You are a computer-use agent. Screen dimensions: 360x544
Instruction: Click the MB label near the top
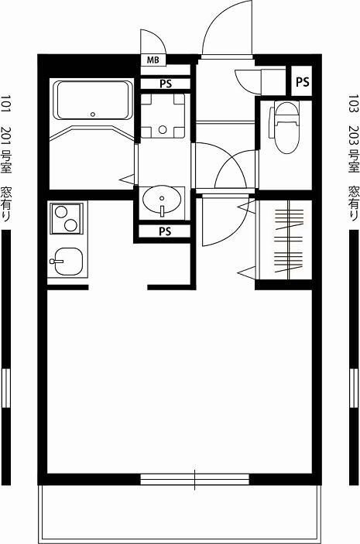[x=153, y=60]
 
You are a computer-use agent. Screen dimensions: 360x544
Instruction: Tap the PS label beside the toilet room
[x=302, y=82]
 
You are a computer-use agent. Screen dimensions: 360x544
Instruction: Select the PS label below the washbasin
[x=165, y=231]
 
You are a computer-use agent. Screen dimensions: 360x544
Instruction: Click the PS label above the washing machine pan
[x=166, y=84]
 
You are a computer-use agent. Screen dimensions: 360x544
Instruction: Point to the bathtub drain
[x=92, y=115]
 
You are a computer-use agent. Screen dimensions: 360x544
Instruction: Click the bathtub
[x=93, y=101]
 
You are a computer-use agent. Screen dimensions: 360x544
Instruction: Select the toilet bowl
[x=286, y=128]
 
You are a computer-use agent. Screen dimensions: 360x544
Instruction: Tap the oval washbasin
[x=162, y=200]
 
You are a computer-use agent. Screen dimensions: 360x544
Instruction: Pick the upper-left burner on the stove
[x=60, y=211]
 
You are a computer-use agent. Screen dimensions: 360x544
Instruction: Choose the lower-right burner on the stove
[x=70, y=225]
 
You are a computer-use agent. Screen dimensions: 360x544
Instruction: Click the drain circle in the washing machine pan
[x=163, y=130]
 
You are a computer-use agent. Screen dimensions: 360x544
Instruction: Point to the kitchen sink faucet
[x=57, y=262]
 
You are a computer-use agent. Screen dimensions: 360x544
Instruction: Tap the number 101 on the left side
[x=6, y=104]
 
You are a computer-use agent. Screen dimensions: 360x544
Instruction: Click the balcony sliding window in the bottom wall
[x=194, y=479]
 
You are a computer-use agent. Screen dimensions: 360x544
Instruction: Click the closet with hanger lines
[x=285, y=240]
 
